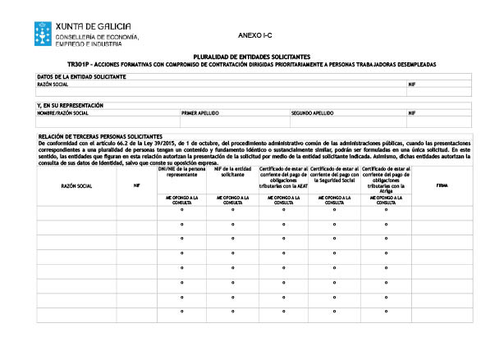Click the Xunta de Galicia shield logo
tap(43, 34)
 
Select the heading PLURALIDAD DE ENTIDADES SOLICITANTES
tap(252, 57)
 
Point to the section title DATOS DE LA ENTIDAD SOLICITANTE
tap(81, 76)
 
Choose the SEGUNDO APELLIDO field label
tap(312, 113)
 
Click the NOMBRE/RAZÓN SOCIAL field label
tap(62, 113)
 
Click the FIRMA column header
tap(442, 186)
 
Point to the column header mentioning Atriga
tap(385, 178)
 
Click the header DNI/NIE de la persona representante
tap(181, 171)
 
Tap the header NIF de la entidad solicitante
tap(232, 171)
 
